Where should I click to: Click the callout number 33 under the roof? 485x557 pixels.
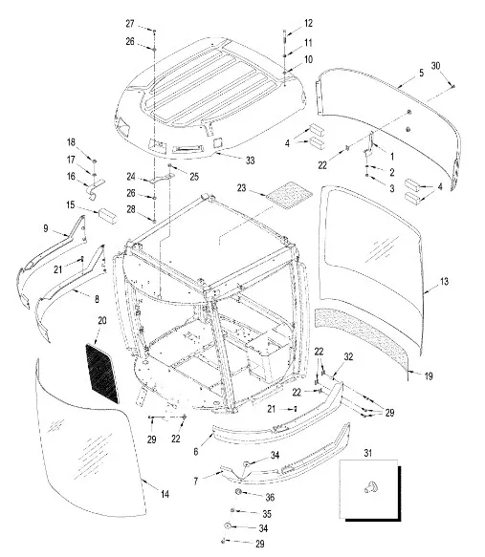tap(251, 161)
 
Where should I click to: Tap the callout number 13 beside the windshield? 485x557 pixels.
tap(444, 282)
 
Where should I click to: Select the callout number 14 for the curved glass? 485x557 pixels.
tap(165, 494)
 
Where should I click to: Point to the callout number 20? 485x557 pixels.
tap(102, 320)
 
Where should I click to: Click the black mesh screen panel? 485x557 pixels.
tap(101, 373)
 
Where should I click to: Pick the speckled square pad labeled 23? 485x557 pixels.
tap(290, 194)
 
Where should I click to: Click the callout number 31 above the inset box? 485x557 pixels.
tap(368, 453)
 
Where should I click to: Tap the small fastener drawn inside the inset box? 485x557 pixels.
tap(371, 487)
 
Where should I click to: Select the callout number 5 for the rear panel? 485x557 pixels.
tap(421, 73)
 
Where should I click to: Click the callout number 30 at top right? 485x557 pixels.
tap(435, 66)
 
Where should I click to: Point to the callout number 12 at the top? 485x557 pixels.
tap(308, 23)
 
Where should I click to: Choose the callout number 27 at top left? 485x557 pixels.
tap(130, 24)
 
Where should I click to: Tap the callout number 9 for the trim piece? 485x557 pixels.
tap(46, 228)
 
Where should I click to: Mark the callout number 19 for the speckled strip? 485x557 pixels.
tap(429, 375)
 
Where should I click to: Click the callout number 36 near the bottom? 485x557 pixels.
tap(270, 498)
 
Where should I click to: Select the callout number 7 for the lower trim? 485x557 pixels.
tap(196, 481)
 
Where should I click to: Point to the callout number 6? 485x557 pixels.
tap(196, 452)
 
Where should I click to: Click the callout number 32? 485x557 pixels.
tap(348, 356)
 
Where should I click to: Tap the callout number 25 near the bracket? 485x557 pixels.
tap(194, 177)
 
